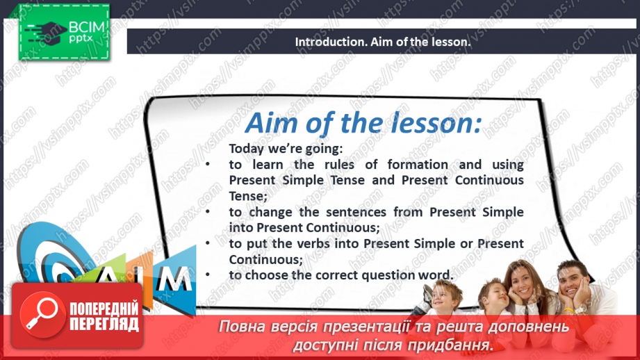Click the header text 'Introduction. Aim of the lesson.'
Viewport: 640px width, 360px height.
[x=383, y=42]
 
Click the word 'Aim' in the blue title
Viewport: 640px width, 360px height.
[x=272, y=123]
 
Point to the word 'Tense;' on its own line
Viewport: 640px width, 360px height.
[x=243, y=195]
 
